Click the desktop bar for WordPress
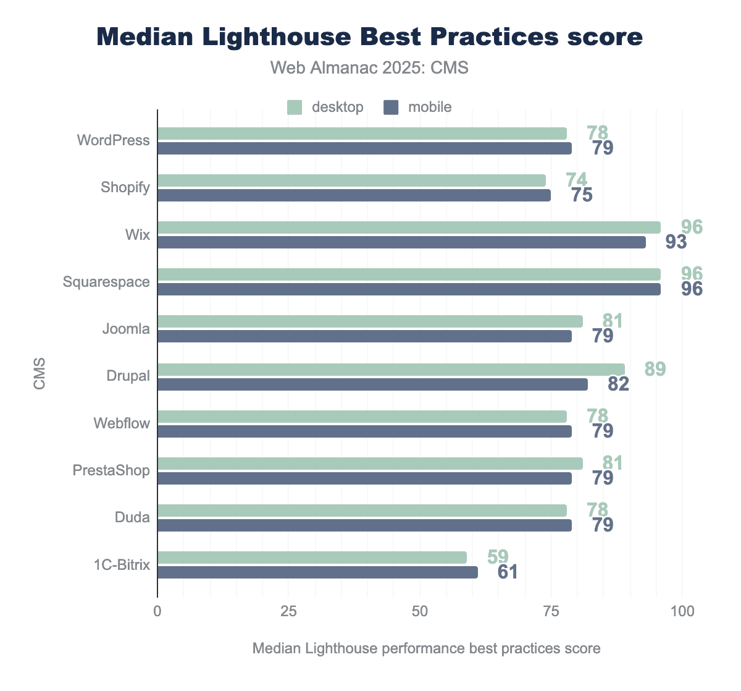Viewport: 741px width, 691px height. [362, 134]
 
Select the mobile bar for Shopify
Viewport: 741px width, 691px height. [354, 195]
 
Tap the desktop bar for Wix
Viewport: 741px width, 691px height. [409, 227]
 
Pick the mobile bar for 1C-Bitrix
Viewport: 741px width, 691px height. [317, 572]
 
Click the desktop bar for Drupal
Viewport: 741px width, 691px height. [391, 370]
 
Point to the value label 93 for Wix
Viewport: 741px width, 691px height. [676, 242]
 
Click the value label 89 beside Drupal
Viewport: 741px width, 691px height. [655, 369]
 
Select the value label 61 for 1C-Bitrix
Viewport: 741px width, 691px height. [508, 572]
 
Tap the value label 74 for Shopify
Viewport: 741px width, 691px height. [576, 180]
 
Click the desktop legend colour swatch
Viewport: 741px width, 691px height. [295, 107]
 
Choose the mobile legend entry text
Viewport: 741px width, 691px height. [430, 107]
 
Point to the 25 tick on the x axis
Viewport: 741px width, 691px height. [289, 611]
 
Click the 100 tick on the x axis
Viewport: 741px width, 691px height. [682, 611]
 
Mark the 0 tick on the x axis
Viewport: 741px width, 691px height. [157, 611]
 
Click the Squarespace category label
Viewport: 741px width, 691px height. [106, 282]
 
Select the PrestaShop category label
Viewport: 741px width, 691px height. [111, 470]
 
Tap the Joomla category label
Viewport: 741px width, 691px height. [126, 329]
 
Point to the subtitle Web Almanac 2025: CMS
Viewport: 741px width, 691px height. [369, 67]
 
